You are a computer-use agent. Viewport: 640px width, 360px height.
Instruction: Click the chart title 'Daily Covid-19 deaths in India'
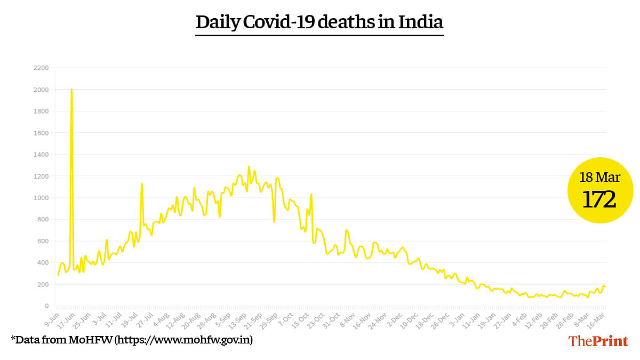(x=319, y=22)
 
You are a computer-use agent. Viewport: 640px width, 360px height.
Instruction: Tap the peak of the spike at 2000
(x=71, y=90)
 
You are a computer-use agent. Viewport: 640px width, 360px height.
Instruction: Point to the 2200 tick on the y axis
(x=41, y=68)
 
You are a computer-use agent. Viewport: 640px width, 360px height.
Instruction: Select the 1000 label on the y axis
(x=41, y=198)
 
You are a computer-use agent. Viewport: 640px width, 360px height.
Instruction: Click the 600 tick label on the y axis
(x=43, y=241)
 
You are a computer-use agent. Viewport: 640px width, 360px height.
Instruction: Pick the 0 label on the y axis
(x=46, y=306)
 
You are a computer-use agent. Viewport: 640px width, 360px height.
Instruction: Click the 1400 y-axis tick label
(x=41, y=155)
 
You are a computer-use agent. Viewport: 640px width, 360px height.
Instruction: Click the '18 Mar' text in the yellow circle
(x=599, y=177)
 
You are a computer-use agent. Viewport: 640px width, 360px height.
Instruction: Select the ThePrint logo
(x=598, y=341)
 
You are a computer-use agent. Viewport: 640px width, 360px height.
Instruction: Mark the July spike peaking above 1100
(x=141, y=184)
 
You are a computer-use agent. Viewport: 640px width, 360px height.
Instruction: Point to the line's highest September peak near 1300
(x=249, y=167)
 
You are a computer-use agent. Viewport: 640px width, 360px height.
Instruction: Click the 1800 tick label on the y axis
(x=41, y=111)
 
